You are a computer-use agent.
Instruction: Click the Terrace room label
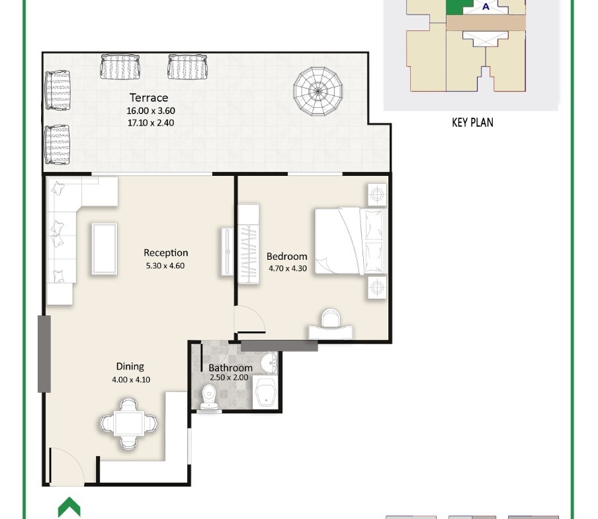(x=149, y=98)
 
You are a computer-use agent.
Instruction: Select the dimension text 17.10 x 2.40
(x=151, y=123)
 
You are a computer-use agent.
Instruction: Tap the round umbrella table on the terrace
(x=318, y=91)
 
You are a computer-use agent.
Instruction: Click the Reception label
(x=165, y=253)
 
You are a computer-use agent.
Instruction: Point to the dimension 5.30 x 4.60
(x=165, y=266)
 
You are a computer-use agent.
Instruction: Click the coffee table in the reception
(x=105, y=249)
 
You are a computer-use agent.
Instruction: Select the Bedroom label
(x=287, y=257)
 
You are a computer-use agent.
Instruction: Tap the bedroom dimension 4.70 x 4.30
(x=288, y=268)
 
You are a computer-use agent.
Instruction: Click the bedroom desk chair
(x=331, y=318)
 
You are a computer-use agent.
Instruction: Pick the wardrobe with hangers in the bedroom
(x=249, y=244)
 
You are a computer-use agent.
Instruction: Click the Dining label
(x=130, y=366)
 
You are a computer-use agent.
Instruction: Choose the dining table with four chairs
(x=129, y=423)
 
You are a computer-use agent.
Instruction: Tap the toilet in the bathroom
(x=208, y=397)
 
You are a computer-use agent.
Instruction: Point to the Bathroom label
(x=230, y=368)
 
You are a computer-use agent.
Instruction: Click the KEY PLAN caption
(x=472, y=122)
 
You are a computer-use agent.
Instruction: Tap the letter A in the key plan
(x=486, y=7)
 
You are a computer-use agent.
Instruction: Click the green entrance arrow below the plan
(x=69, y=507)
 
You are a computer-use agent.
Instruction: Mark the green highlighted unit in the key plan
(x=456, y=7)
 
